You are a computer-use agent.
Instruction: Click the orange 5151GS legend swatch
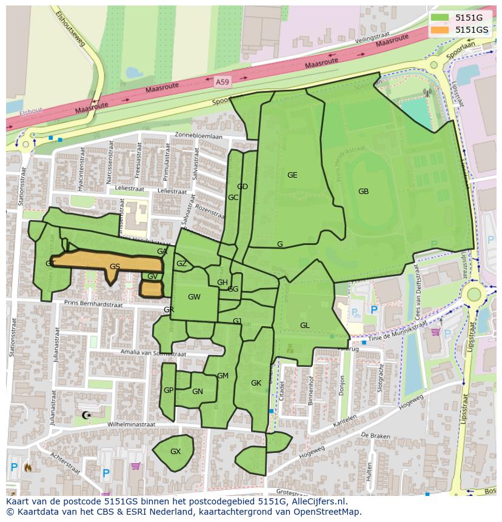(441, 30)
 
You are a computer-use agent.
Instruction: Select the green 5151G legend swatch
(441, 18)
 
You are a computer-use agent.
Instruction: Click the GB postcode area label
(363, 192)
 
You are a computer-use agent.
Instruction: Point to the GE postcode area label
(292, 175)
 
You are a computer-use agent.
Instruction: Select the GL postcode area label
(304, 326)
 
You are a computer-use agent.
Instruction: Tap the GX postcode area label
(175, 452)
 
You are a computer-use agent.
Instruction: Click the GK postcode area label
(256, 383)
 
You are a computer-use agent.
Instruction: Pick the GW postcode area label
(194, 297)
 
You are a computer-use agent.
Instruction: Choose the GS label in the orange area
(115, 267)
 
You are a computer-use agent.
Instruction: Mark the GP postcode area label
(169, 390)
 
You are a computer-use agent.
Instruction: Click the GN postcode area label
(197, 392)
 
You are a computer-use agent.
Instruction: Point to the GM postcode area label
(223, 376)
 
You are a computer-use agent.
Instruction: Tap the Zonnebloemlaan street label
(198, 136)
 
